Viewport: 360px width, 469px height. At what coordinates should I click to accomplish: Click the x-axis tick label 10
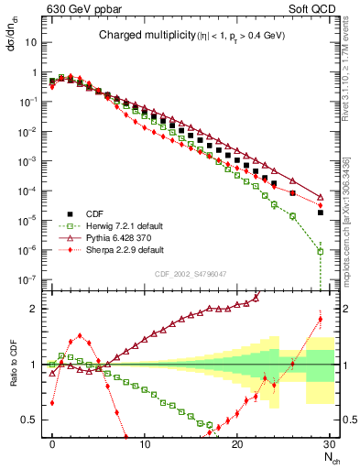(x=145, y=443)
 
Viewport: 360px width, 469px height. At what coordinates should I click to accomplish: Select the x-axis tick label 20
(x=237, y=443)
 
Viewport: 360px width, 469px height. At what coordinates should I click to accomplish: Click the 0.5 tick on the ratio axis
(x=32, y=420)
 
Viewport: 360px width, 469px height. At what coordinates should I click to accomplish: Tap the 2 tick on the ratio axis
(x=36, y=309)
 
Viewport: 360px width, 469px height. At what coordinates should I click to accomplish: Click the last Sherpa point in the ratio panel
(x=320, y=319)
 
